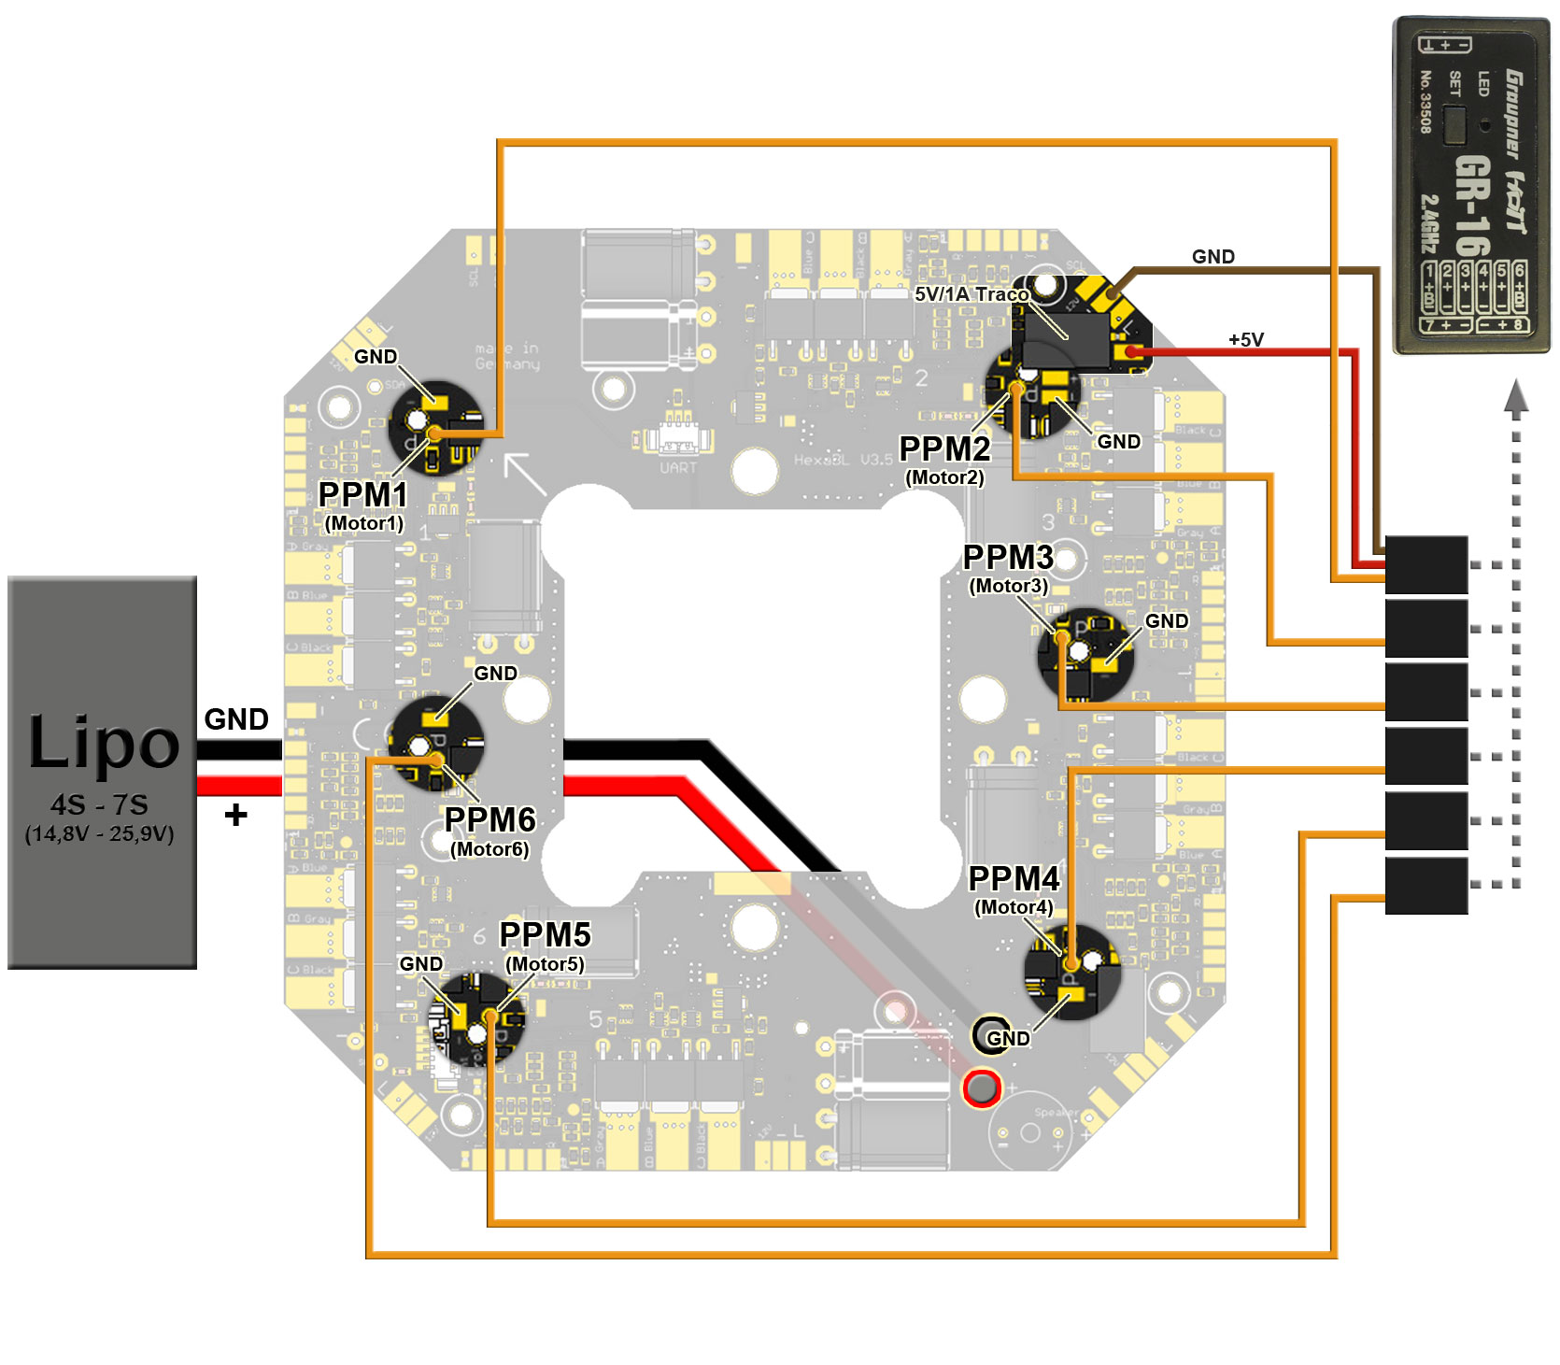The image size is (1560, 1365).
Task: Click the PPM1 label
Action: pos(362,494)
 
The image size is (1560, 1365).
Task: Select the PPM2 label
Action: pos(943,449)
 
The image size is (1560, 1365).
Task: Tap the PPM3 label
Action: pos(1008,558)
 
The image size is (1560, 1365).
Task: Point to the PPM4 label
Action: pos(1014,879)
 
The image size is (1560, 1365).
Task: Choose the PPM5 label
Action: pos(545,934)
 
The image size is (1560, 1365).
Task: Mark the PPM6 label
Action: pos(489,819)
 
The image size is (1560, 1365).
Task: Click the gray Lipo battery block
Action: pos(102,772)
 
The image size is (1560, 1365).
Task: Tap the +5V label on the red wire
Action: pos(1246,339)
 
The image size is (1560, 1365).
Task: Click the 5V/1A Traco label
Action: pos(971,294)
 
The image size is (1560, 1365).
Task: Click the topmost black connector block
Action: pos(1426,564)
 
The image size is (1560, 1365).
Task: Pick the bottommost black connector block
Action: pos(1426,885)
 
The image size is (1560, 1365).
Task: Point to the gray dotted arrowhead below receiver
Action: pos(1516,396)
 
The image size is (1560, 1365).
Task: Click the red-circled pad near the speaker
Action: pos(982,1088)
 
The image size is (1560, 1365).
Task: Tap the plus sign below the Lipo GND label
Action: pos(235,815)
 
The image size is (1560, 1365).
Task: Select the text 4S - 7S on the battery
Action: pos(99,804)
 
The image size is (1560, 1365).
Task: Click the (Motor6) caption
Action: pos(489,849)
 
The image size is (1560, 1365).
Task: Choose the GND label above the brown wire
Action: pos(1213,257)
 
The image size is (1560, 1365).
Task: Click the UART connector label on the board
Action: pos(677,467)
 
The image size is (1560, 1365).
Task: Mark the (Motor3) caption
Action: pos(1008,586)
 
